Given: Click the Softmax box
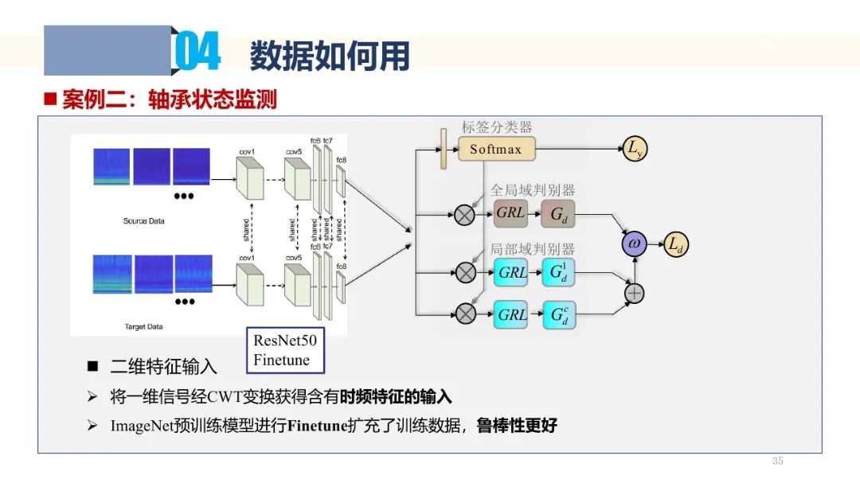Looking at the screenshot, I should coord(496,149).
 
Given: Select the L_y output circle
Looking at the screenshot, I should coord(635,149).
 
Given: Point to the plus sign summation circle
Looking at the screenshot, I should coord(634,293).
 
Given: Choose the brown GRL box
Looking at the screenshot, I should coord(511,213).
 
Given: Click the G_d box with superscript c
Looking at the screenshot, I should coord(558,314).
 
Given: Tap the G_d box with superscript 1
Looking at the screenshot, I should coord(558,272).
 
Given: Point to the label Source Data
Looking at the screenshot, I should coord(143,220).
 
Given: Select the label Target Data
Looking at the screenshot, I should coord(143,326).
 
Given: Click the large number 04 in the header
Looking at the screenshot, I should coord(196,53).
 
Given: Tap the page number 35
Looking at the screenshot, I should coord(778,462).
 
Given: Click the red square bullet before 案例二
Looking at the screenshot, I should coord(49,99).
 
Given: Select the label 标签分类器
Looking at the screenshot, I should coord(497,127).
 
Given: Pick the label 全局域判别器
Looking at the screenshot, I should coord(532,190).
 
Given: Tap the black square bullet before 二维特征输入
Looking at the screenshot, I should coord(92,366).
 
